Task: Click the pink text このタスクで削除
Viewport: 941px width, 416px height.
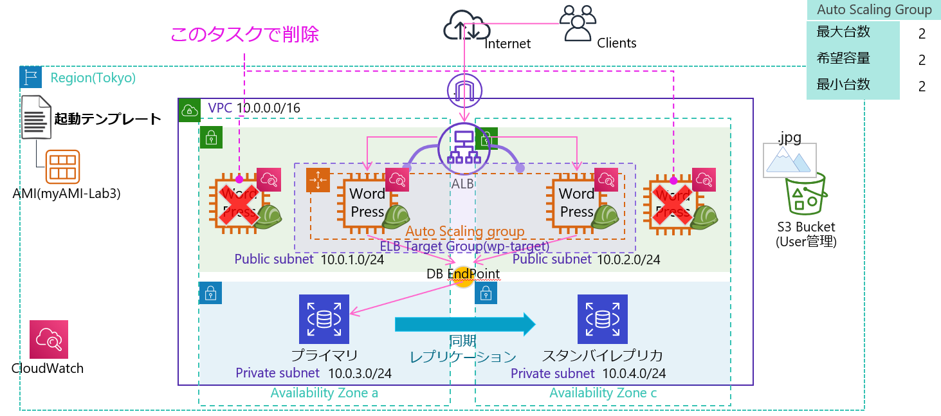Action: pyautogui.click(x=244, y=34)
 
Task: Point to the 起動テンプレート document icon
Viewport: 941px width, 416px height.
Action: pyautogui.click(x=37, y=117)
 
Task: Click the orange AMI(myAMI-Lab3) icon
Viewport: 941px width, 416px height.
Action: pyautogui.click(x=62, y=167)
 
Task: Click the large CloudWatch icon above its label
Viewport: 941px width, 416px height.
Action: pyautogui.click(x=48, y=339)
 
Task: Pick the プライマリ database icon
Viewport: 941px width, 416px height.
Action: pyautogui.click(x=324, y=319)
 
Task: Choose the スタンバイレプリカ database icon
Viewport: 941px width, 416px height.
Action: pyautogui.click(x=602, y=319)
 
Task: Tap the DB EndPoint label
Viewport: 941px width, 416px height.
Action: pyautogui.click(x=463, y=274)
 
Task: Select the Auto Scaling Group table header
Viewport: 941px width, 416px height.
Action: pyautogui.click(x=873, y=10)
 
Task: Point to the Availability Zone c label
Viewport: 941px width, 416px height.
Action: pyautogui.click(x=603, y=393)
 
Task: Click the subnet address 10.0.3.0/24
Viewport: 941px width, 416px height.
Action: pyautogui.click(x=360, y=373)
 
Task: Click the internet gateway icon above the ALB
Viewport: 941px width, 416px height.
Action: pyautogui.click(x=464, y=91)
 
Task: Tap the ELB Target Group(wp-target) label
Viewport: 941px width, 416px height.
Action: pyautogui.click(x=464, y=246)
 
